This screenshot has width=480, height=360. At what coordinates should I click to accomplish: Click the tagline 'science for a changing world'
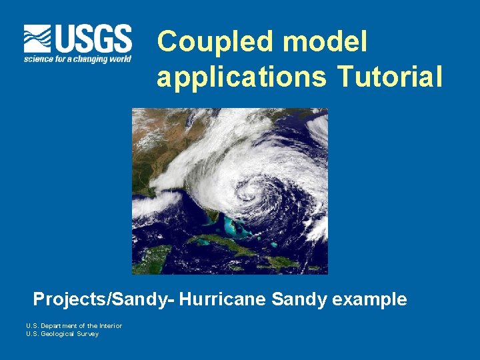[x=77, y=59]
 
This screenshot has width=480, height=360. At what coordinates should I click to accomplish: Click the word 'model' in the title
[x=325, y=43]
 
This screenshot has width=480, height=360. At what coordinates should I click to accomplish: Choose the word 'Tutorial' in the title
[x=390, y=77]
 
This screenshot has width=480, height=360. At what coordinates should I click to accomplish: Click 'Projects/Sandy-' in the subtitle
[x=104, y=299]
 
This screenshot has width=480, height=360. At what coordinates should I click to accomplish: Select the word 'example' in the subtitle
[x=369, y=299]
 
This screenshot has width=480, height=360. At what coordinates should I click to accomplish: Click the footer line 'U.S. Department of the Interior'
[x=74, y=325]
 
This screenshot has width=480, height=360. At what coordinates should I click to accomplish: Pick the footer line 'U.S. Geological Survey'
[x=62, y=334]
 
